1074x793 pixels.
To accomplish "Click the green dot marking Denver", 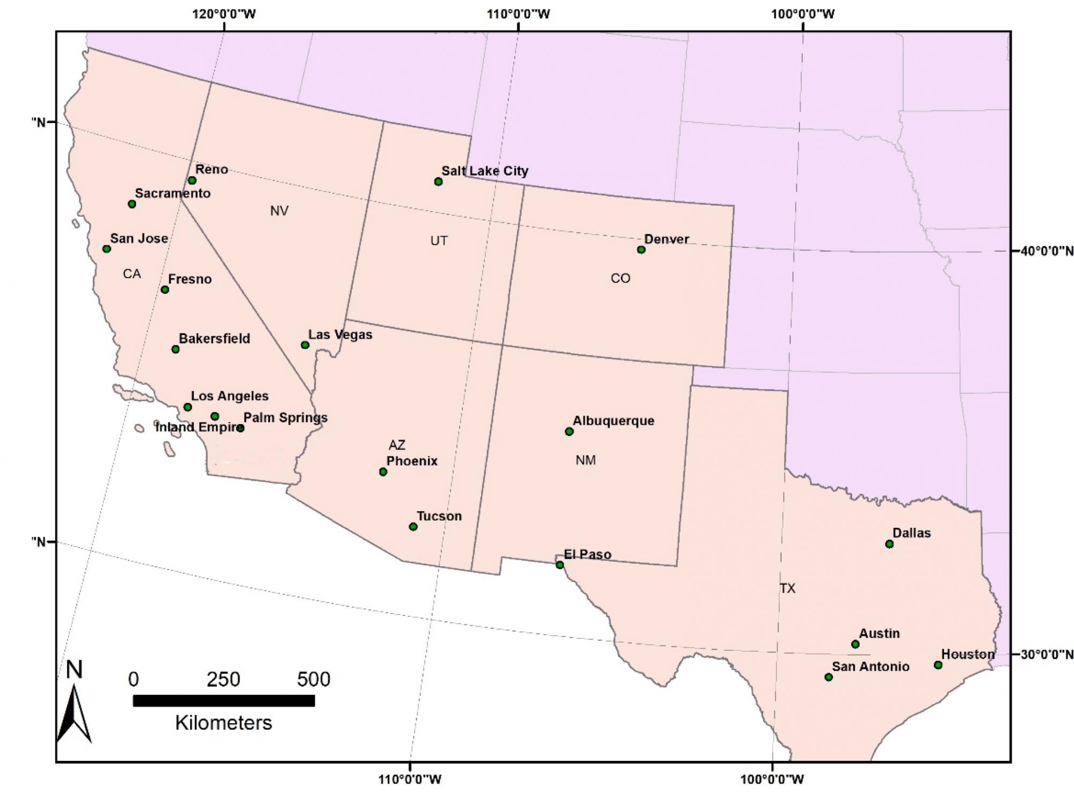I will click(x=641, y=250).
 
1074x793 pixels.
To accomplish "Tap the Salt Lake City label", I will click(x=484, y=171).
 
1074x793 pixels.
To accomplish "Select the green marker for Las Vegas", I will click(x=305, y=345).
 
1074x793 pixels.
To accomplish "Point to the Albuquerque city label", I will click(x=613, y=421).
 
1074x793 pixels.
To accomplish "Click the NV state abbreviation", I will click(x=279, y=210).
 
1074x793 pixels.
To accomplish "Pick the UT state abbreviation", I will click(x=439, y=241).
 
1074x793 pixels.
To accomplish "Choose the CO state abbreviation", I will click(x=620, y=278).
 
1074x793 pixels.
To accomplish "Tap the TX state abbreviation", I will click(x=787, y=588).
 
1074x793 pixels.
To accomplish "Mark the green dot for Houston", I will click(x=938, y=665).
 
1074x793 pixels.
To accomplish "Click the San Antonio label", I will click(x=870, y=666).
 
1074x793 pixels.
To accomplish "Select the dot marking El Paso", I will click(x=560, y=565).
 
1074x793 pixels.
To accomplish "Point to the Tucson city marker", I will click(x=413, y=527).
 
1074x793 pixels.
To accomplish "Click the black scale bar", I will click(x=223, y=701).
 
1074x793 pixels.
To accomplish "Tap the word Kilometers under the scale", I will click(x=223, y=723).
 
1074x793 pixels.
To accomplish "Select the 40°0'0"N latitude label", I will click(x=1043, y=251).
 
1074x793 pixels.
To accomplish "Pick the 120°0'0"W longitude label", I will click(x=224, y=14).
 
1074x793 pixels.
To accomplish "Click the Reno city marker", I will click(x=192, y=180).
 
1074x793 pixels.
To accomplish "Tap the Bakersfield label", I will click(x=214, y=339).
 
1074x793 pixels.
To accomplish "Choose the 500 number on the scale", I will click(x=314, y=680).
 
